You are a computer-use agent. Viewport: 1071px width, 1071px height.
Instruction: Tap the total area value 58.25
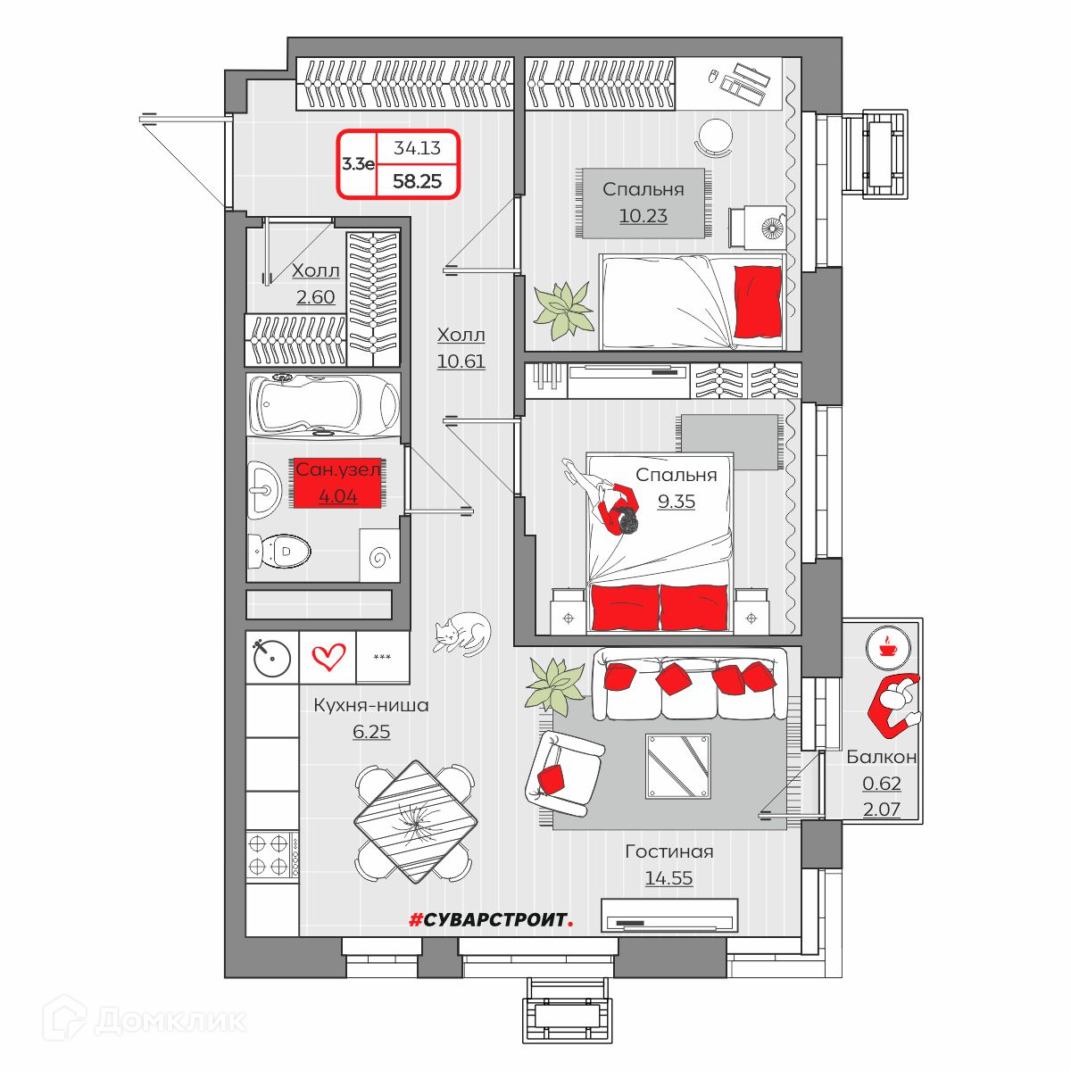point(417,181)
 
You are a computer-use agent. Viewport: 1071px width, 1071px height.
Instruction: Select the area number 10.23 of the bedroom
point(643,216)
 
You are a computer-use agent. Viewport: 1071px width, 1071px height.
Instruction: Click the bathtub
point(323,404)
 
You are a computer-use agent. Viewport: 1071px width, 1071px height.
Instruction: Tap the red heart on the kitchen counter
point(328,657)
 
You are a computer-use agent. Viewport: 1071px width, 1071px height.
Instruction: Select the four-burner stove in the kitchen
point(272,855)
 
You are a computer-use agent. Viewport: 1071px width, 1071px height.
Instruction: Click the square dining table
point(416,822)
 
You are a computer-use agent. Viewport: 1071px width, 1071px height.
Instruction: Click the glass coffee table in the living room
point(678,767)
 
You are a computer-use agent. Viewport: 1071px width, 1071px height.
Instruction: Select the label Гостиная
point(668,852)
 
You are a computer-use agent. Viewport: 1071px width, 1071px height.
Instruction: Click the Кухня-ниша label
point(370,705)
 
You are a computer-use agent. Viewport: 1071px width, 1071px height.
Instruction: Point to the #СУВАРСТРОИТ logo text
point(491,920)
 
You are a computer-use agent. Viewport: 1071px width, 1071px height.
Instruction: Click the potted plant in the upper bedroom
point(562,310)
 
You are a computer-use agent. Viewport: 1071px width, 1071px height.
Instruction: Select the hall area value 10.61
point(461,361)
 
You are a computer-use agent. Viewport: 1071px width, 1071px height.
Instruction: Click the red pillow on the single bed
point(758,302)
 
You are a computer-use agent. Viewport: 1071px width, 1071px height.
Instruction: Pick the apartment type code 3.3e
point(358,164)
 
